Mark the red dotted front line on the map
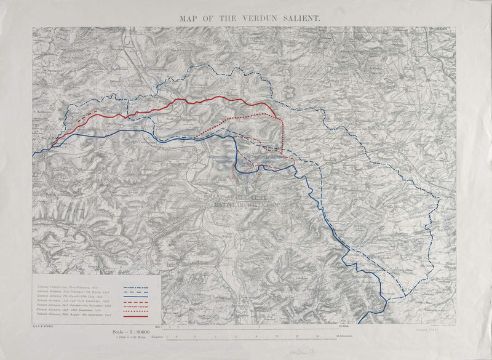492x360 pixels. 246,116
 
